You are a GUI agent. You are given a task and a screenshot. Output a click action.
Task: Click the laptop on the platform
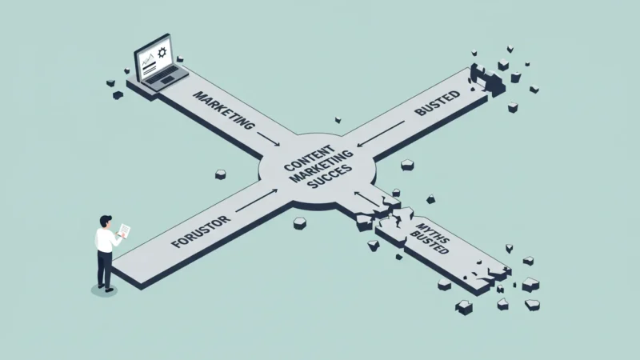(161, 64)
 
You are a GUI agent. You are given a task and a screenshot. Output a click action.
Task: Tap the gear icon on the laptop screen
(162, 52)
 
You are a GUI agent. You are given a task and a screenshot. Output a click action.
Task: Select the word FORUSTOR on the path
(201, 232)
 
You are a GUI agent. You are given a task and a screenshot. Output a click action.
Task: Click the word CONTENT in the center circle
(309, 158)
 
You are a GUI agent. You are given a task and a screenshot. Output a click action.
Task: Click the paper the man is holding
(125, 230)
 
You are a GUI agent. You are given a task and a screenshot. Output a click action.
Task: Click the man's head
(106, 222)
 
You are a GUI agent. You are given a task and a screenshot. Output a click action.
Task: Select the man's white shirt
(106, 240)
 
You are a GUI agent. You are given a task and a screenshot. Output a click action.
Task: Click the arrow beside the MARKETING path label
(268, 138)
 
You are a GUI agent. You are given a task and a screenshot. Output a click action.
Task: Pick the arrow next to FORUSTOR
(257, 200)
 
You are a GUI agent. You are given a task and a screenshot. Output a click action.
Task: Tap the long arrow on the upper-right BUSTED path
(381, 134)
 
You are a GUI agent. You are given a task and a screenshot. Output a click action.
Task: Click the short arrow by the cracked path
(366, 198)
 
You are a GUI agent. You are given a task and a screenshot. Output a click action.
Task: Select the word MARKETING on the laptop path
(223, 110)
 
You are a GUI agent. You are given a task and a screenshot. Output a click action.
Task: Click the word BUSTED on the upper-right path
(437, 103)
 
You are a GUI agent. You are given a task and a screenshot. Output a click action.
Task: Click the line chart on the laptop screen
(148, 61)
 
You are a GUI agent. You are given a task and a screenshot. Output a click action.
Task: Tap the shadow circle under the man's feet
(104, 290)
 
